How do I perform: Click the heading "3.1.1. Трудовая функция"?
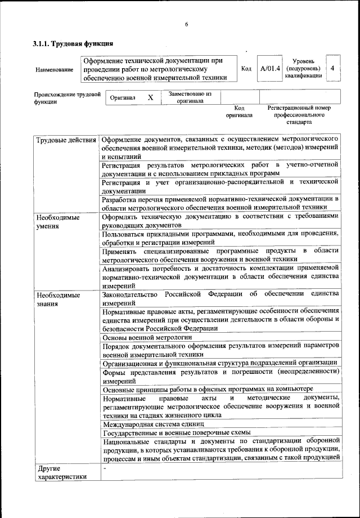(x=74, y=43)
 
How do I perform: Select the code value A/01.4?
(x=270, y=69)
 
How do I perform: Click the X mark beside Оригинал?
(x=150, y=97)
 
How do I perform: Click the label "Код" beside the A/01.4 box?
(x=246, y=69)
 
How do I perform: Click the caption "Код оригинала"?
(x=240, y=111)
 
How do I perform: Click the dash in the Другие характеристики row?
(x=104, y=468)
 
